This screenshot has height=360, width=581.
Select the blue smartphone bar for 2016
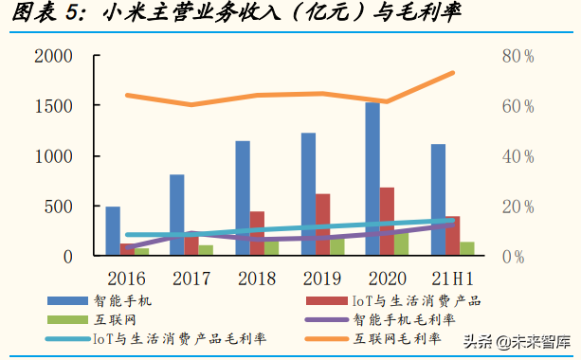[113, 230]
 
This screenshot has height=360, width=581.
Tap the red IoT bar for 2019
[323, 225]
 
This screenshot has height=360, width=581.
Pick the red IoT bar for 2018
[258, 233]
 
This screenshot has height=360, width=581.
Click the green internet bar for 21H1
[467, 248]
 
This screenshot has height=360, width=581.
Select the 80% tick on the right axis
[517, 56]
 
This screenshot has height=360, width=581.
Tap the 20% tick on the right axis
[517, 207]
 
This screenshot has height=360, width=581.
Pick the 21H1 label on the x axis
[450, 278]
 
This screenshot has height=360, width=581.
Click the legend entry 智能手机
[130, 300]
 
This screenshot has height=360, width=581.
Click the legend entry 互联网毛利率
[396, 338]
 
